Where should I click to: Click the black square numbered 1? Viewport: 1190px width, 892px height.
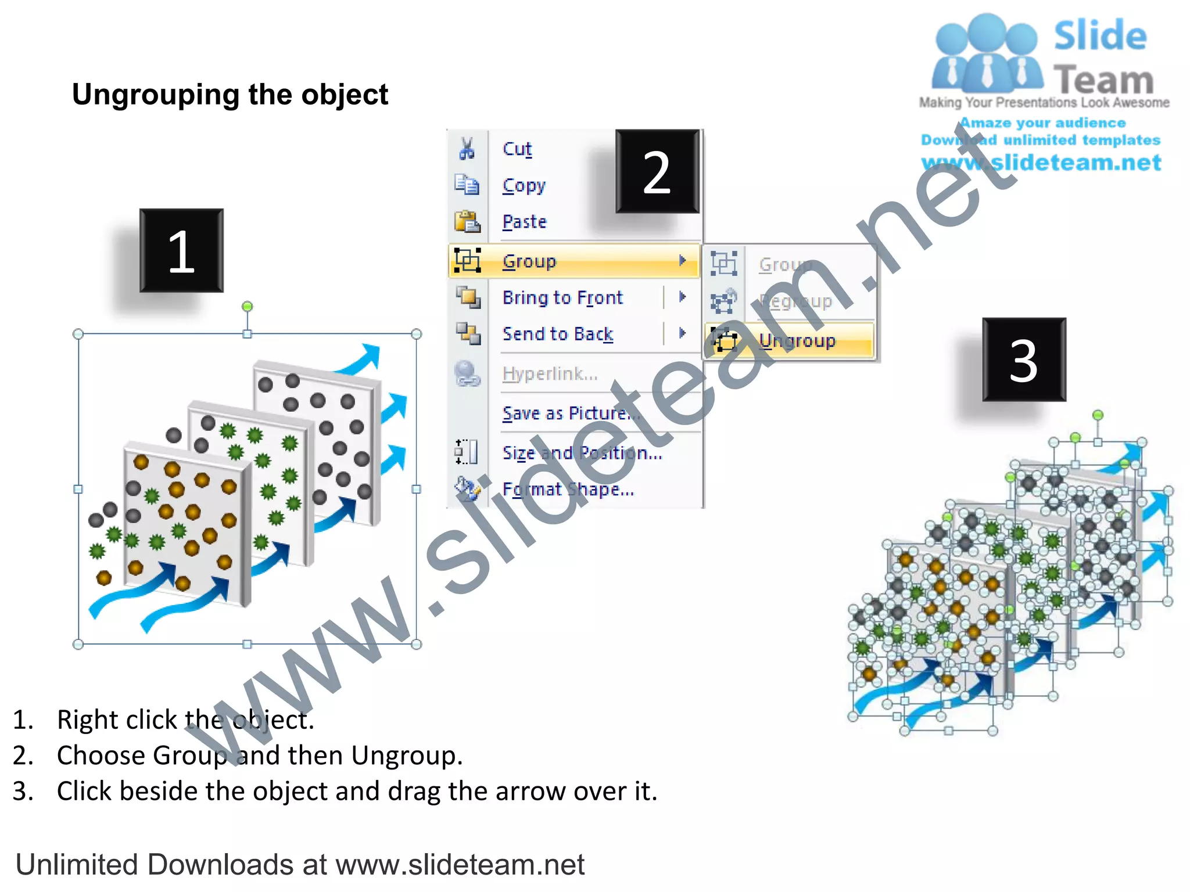pos(181,250)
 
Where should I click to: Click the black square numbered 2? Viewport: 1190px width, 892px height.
pos(657,171)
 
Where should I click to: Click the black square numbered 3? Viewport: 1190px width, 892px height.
pos(1024,359)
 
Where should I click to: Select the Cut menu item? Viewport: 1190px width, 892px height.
pos(517,149)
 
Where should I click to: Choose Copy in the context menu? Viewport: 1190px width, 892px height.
pos(524,185)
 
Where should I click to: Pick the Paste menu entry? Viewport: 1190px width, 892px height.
pos(524,222)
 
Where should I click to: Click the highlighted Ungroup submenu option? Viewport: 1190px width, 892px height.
pos(797,340)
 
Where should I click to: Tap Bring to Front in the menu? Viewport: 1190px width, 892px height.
pos(562,297)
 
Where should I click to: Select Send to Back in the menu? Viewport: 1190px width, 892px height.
pos(557,334)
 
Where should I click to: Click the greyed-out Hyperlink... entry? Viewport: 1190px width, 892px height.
pos(550,373)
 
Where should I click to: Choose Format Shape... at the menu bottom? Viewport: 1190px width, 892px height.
pos(568,490)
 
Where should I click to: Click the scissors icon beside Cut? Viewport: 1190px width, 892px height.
pos(467,149)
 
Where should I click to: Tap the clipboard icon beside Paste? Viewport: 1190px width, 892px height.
pos(467,222)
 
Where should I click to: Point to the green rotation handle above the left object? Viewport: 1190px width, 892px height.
pos(247,306)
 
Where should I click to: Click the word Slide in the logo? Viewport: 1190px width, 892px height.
pos(1100,36)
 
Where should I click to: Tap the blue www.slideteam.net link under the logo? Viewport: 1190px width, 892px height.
pos(1041,163)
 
